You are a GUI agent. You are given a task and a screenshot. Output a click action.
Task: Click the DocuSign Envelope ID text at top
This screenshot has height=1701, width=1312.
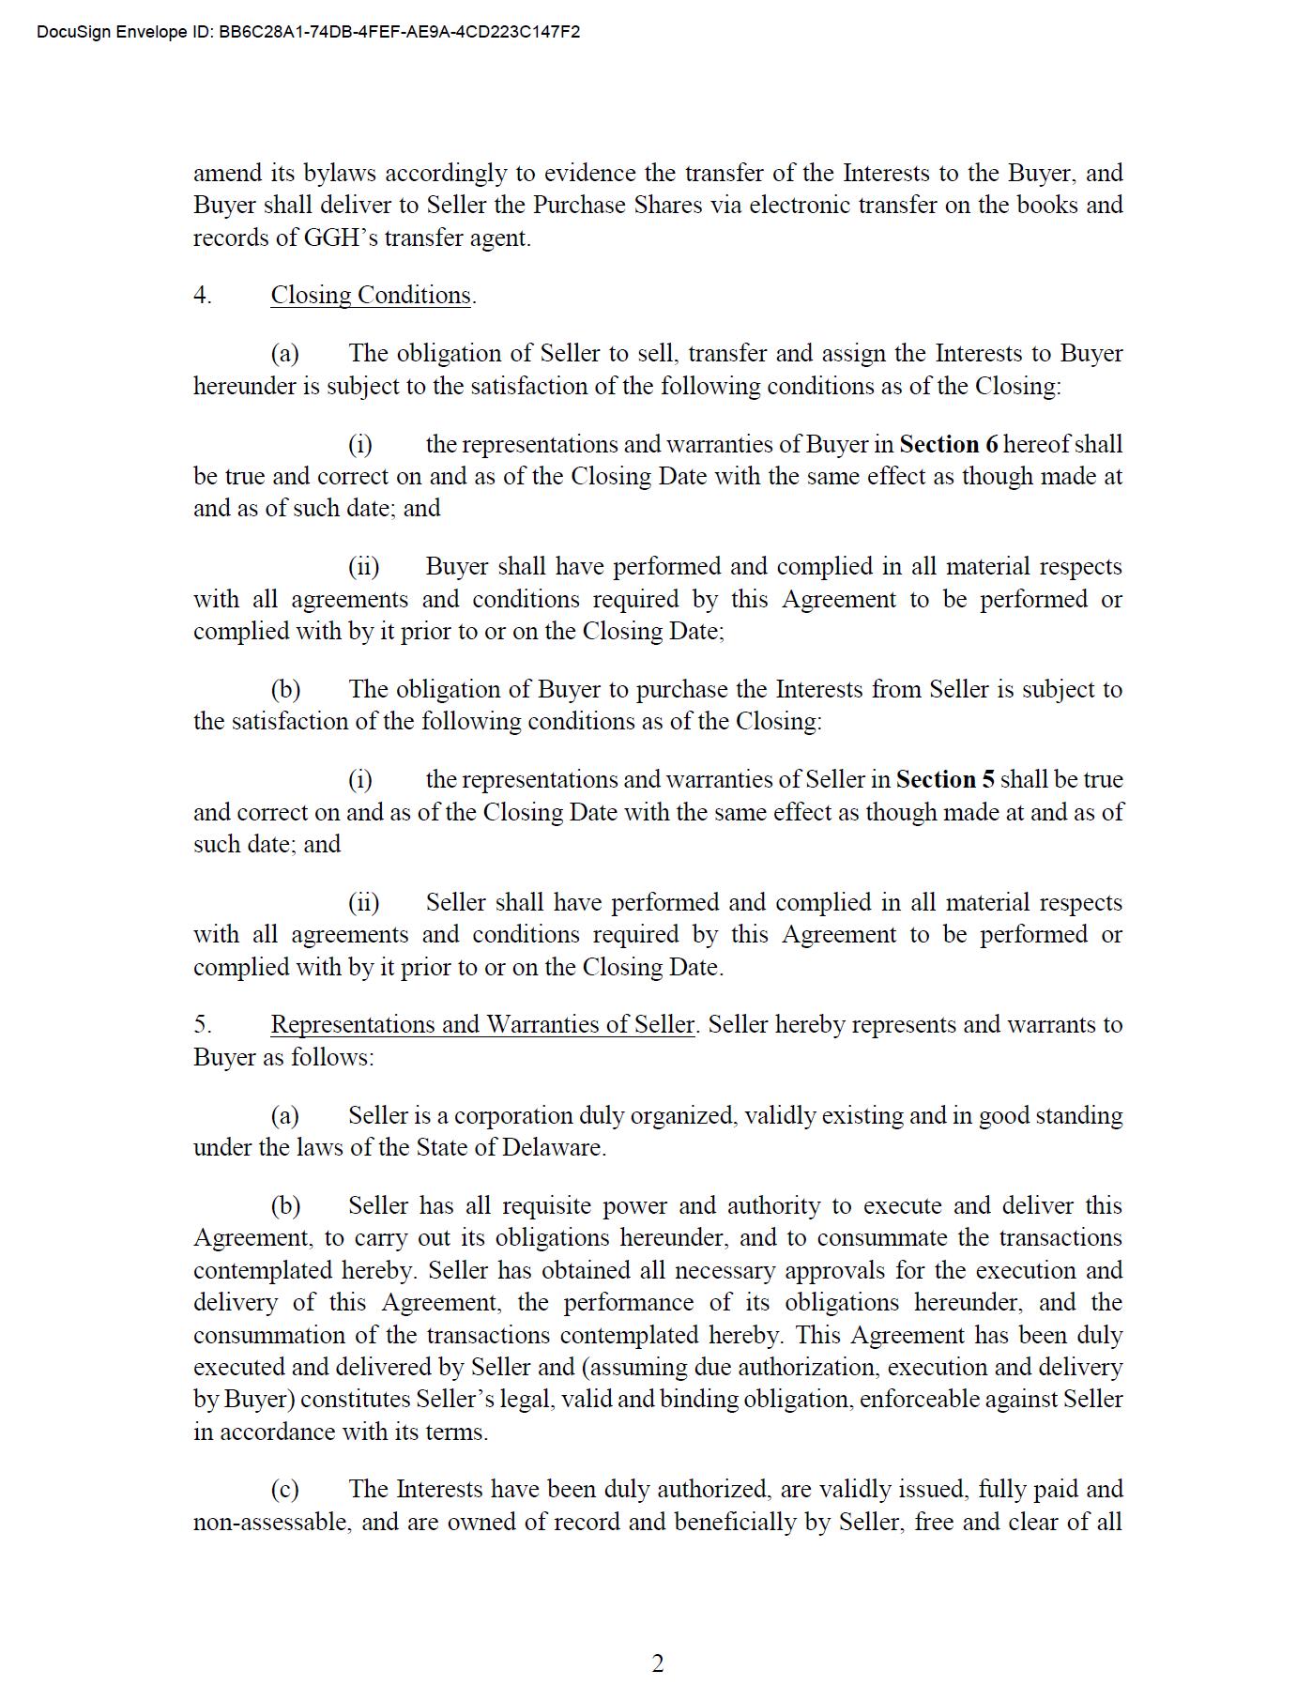pyautogui.click(x=308, y=32)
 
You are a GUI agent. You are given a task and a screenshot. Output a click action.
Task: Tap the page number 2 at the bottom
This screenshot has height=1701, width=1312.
pyautogui.click(x=657, y=1663)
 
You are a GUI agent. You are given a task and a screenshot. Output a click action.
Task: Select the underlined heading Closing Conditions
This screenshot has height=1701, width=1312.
pyautogui.click(x=371, y=296)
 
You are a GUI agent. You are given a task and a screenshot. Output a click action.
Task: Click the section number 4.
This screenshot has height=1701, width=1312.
pyautogui.click(x=202, y=296)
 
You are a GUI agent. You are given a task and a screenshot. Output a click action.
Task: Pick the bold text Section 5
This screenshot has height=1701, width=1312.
pyautogui.click(x=945, y=779)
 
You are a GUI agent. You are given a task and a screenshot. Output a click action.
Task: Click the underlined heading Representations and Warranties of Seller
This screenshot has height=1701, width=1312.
pyautogui.click(x=482, y=1025)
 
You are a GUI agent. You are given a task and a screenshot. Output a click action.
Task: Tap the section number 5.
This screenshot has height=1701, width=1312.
pyautogui.click(x=202, y=1025)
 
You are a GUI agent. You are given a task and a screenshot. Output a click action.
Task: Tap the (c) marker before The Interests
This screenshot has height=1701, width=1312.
pyautogui.click(x=285, y=1490)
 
